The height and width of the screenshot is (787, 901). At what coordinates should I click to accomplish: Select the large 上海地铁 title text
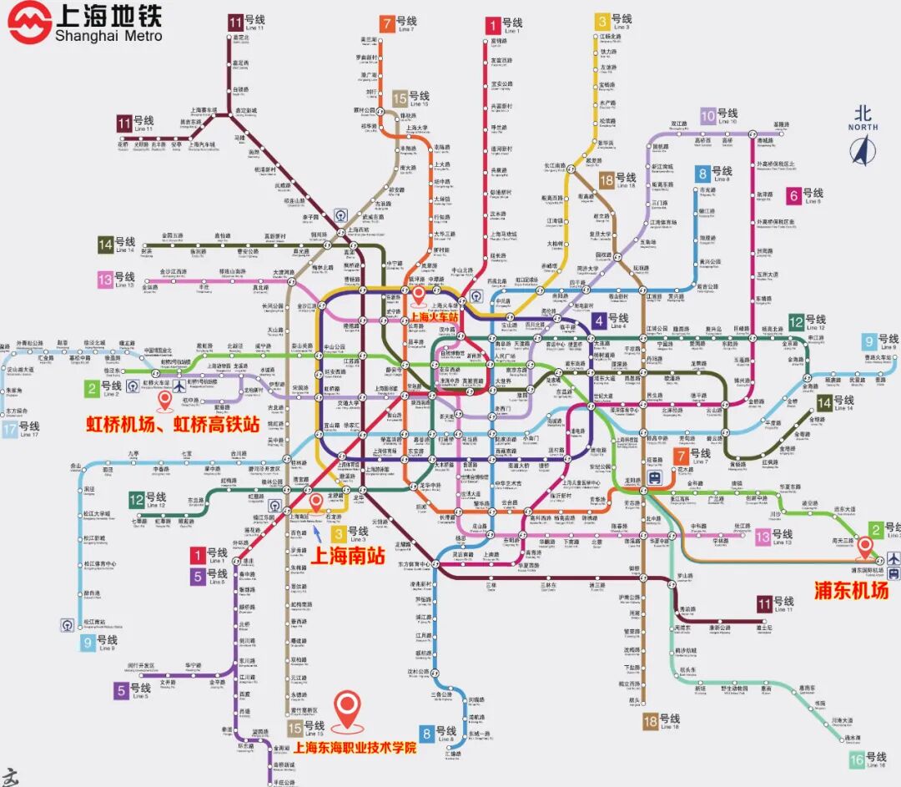(108, 16)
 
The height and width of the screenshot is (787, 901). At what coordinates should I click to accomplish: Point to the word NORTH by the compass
(863, 127)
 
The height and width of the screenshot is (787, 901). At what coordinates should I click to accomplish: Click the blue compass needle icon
(864, 149)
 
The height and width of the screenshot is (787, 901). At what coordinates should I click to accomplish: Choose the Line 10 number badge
(708, 116)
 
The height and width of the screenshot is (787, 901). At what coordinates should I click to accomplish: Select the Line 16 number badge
(857, 759)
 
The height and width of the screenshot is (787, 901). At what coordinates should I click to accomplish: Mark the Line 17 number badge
(9, 430)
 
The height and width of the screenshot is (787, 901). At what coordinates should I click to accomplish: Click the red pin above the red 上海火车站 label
(419, 295)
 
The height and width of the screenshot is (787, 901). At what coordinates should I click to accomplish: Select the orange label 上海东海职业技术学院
(355, 748)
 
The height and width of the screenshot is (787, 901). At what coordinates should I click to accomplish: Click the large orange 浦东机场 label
(851, 589)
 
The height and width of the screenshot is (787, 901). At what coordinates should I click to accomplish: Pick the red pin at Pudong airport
(865, 547)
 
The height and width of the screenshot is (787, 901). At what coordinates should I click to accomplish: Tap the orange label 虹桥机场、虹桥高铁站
(173, 424)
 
